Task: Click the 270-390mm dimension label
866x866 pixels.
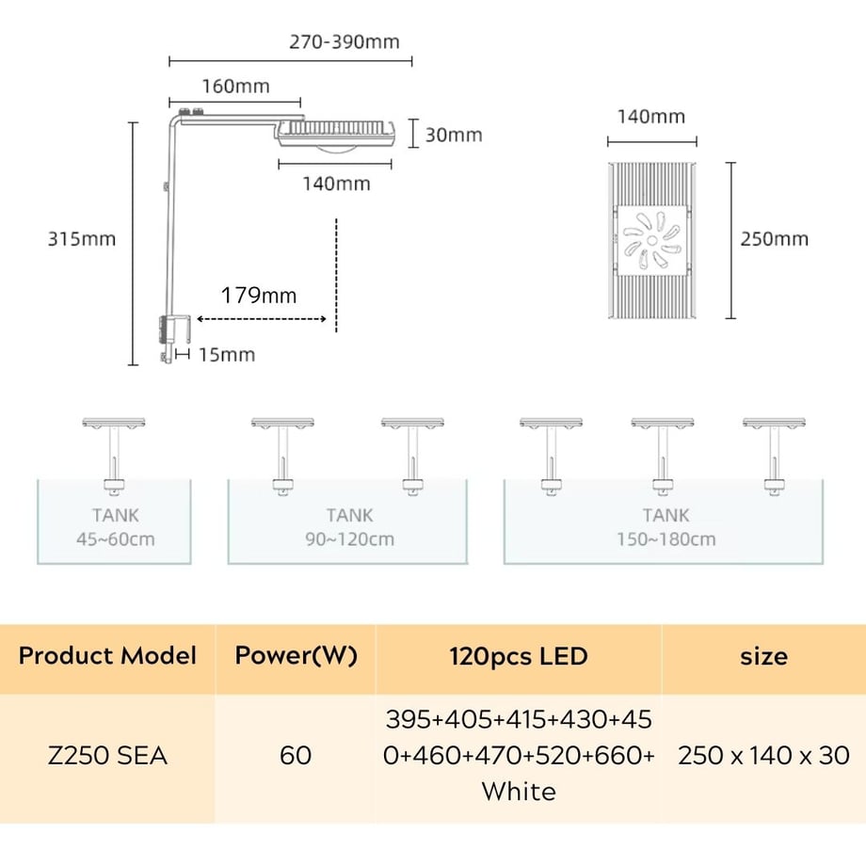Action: (x=345, y=42)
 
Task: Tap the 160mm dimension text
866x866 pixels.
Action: (x=236, y=87)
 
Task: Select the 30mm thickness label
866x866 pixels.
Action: (x=454, y=135)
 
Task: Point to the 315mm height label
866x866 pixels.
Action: (x=82, y=238)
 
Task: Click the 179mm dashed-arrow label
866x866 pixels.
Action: (x=259, y=296)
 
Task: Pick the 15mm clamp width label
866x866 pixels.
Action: (x=227, y=355)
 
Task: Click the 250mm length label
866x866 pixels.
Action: (x=775, y=238)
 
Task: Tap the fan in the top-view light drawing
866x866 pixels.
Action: (x=652, y=240)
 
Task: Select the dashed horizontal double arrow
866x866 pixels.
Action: (x=262, y=319)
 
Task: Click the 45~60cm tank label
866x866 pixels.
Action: (x=116, y=539)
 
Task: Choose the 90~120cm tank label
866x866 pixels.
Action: (x=349, y=539)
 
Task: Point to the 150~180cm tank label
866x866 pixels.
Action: (x=666, y=539)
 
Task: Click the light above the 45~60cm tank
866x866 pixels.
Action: (x=114, y=423)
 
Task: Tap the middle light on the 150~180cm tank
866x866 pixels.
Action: (x=663, y=423)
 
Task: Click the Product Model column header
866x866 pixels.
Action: (x=107, y=655)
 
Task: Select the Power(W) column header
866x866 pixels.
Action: (x=296, y=655)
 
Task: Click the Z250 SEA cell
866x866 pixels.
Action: (x=107, y=756)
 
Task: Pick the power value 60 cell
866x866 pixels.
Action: (x=296, y=756)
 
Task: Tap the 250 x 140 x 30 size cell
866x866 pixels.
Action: (x=763, y=756)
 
